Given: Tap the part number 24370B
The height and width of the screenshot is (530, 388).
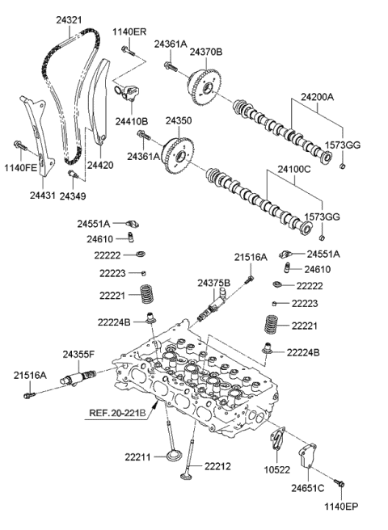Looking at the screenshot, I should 207,53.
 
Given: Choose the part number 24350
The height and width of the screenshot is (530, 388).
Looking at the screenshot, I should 179,120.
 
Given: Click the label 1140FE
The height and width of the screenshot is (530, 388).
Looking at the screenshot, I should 19,168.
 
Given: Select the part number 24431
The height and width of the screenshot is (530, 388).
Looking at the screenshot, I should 43,195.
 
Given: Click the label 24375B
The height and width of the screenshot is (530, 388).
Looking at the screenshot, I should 214,283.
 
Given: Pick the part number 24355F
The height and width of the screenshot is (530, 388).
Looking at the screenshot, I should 78,354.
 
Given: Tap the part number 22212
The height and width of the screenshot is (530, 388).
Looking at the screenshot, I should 217,465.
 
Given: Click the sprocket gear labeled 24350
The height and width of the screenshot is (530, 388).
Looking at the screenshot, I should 177,151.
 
